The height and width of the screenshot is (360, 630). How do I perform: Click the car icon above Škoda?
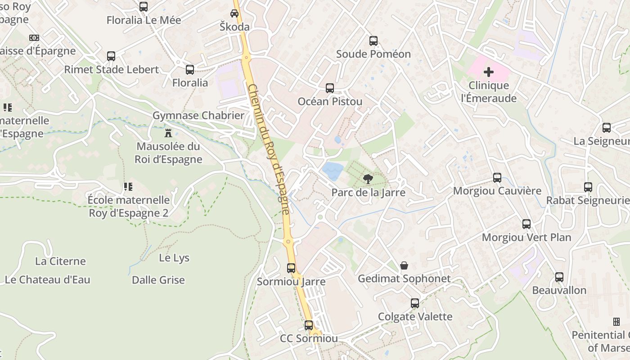(234, 13)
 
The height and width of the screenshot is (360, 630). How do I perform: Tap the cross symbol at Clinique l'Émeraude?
(488, 72)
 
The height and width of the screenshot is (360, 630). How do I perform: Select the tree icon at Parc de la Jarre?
(368, 179)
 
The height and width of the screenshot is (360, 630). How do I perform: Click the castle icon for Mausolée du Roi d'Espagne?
(168, 133)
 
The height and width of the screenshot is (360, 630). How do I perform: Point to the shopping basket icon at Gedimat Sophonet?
(404, 265)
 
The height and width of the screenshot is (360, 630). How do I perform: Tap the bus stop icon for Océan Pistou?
(330, 88)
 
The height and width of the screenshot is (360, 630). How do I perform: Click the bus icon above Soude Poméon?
(373, 41)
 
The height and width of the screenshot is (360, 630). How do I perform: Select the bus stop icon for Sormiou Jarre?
(291, 268)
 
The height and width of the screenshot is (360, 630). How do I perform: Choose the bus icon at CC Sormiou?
(309, 325)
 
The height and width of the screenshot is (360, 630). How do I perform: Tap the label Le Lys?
(174, 258)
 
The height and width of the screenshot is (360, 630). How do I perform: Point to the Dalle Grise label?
(158, 280)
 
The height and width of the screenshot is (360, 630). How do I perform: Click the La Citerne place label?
(60, 261)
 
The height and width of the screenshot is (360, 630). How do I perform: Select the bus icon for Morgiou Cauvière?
(497, 178)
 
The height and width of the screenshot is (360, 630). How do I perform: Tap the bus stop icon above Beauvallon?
(559, 277)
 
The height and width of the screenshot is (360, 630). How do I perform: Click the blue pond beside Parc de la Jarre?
(333, 171)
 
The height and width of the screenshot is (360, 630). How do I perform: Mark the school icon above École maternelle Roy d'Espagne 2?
(128, 186)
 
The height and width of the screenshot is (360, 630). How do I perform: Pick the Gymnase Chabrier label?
(198, 115)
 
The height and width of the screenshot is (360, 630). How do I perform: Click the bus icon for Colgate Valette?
(415, 303)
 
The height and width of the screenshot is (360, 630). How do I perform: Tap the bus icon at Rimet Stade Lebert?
(111, 56)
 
